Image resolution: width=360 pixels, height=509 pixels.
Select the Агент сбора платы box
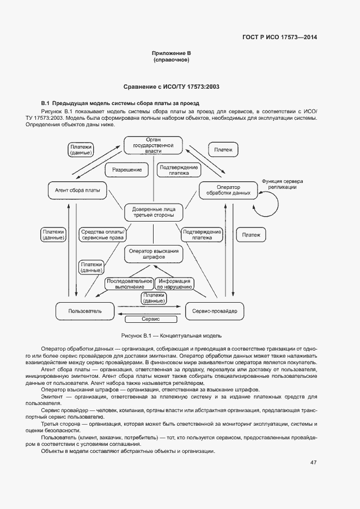[x=77, y=191]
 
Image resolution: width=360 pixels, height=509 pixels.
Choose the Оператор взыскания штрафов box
[x=154, y=254]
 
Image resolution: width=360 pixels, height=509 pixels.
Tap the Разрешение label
[x=126, y=170]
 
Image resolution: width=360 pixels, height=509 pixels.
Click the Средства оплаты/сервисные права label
[x=102, y=235]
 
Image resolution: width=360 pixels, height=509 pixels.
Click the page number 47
[x=313, y=463]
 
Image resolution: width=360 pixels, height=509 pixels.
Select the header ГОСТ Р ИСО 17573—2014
[x=279, y=38]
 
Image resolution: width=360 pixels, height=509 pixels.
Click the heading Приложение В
[x=171, y=53]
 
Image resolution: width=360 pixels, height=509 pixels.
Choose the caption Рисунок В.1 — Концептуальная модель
[x=171, y=335]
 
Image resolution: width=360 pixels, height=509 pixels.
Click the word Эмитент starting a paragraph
[x=52, y=397]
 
